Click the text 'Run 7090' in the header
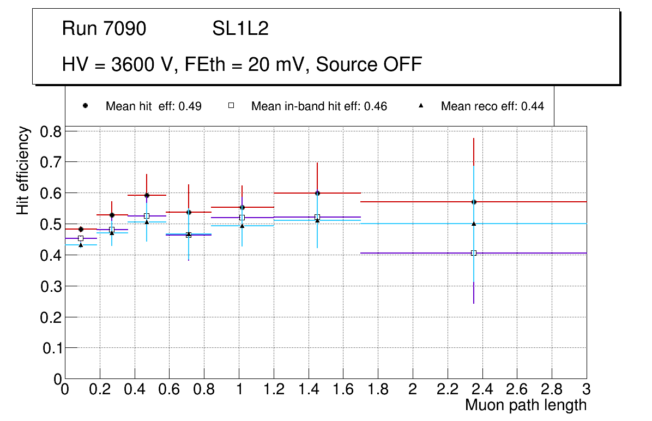click(104, 28)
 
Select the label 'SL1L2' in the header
click(240, 28)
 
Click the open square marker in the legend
click(231, 106)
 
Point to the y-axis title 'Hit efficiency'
click(23, 170)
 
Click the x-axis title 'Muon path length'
click(526, 405)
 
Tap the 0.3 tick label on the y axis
click(52, 286)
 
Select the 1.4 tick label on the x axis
click(309, 389)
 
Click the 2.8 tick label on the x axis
click(552, 389)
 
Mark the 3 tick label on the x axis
click(587, 389)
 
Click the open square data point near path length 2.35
click(474, 253)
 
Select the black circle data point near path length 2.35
click(474, 202)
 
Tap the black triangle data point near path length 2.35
click(474, 224)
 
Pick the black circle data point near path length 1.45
click(317, 193)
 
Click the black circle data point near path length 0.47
click(147, 195)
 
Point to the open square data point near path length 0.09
click(81, 238)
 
